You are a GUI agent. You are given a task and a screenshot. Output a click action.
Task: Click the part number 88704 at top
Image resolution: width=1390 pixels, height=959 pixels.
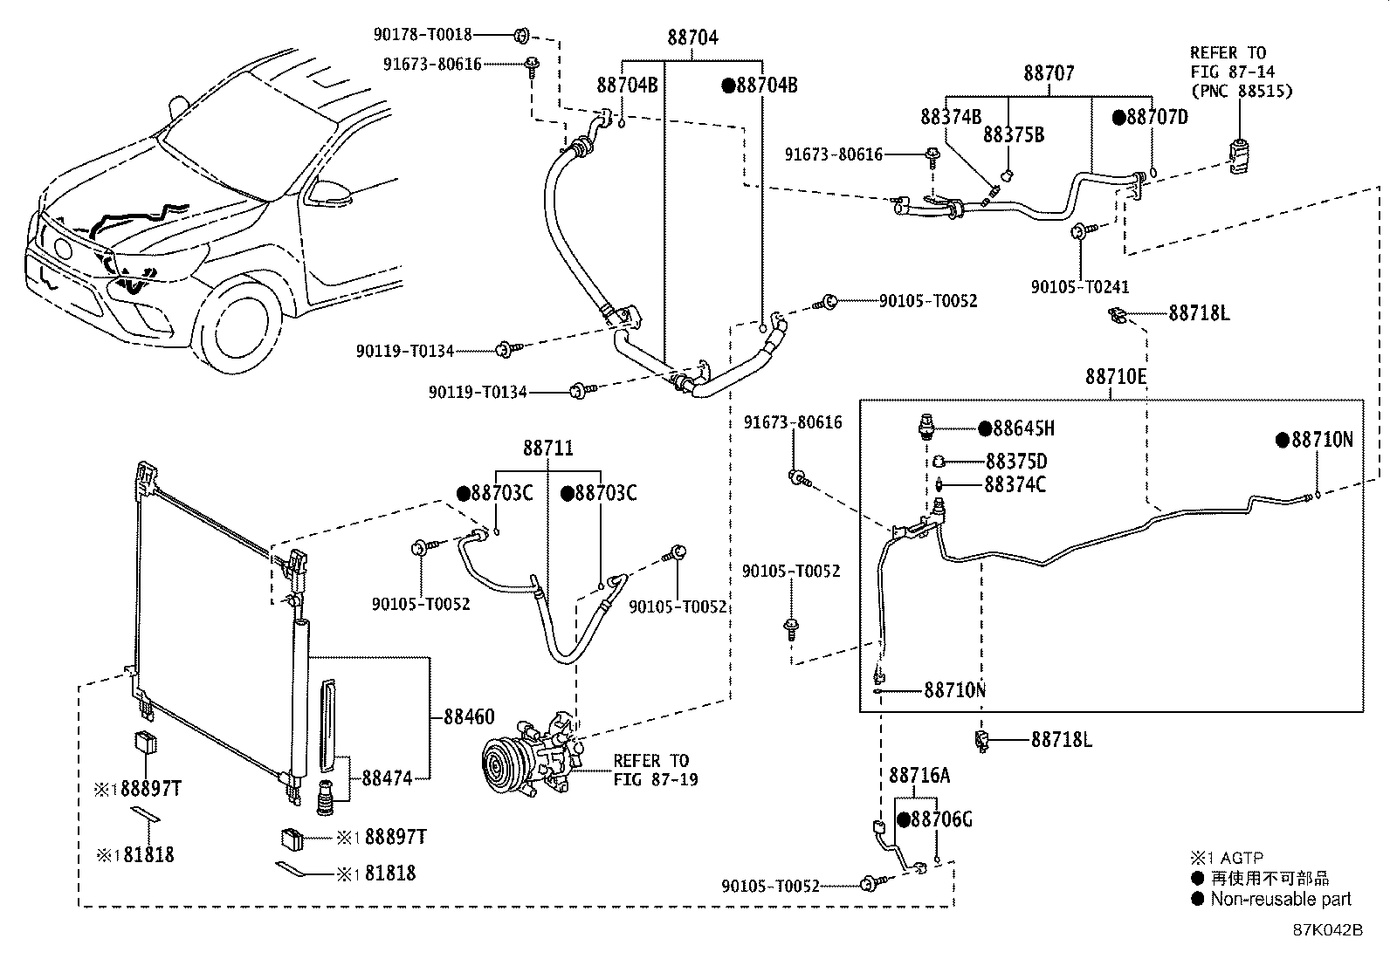pyautogui.click(x=693, y=38)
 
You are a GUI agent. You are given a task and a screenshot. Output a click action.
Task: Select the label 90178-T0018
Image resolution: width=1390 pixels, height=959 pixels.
pyautogui.click(x=423, y=35)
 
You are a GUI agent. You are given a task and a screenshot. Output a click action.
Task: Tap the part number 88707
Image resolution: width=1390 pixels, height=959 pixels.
pyautogui.click(x=1049, y=73)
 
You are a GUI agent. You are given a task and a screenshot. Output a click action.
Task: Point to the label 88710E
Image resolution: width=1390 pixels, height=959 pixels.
pyautogui.click(x=1116, y=376)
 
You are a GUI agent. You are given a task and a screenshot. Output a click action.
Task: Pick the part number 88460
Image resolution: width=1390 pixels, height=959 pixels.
pyautogui.click(x=469, y=717)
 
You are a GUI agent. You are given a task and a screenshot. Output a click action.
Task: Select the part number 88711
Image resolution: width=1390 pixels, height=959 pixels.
pyautogui.click(x=548, y=449)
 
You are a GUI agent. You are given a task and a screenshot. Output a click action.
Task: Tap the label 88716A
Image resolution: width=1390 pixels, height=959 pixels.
pyautogui.click(x=919, y=775)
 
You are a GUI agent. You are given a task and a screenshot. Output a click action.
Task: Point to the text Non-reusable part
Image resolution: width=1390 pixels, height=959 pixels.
pyautogui.click(x=1280, y=899)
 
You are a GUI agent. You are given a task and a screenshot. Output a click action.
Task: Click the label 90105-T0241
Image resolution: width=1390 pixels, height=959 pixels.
pyautogui.click(x=1080, y=286)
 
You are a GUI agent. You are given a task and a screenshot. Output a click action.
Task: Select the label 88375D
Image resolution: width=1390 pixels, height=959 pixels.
pyautogui.click(x=1016, y=462)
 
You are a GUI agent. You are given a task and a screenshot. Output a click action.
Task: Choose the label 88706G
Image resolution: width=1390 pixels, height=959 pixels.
pyautogui.click(x=941, y=819)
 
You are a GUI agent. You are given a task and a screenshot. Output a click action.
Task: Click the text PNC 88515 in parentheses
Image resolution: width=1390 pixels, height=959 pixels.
pyautogui.click(x=1242, y=91)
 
